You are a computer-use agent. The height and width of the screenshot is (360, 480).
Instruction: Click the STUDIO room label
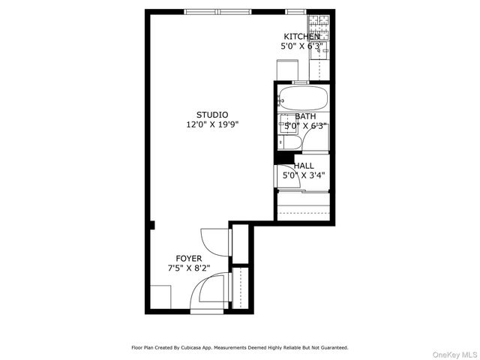tap(212, 115)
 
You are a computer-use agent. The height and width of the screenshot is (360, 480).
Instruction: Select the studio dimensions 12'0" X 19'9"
tap(212, 124)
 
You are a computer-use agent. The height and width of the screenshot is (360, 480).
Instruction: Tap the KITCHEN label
tap(301, 37)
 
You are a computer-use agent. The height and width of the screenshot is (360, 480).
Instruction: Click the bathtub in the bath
tap(302, 98)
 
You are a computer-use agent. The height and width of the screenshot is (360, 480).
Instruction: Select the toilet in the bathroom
tap(292, 142)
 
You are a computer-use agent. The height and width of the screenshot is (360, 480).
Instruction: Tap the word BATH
tap(305, 116)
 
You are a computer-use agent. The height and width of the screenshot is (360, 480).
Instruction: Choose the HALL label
tap(304, 166)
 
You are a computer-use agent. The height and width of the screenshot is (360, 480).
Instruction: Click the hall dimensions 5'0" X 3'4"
tap(303, 175)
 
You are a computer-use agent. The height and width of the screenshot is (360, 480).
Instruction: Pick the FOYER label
tap(188, 258)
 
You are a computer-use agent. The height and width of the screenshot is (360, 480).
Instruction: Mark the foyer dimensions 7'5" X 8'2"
tap(188, 268)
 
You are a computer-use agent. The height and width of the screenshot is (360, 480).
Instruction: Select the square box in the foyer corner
tap(160, 297)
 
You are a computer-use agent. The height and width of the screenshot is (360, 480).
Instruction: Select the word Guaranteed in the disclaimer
tap(334, 348)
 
